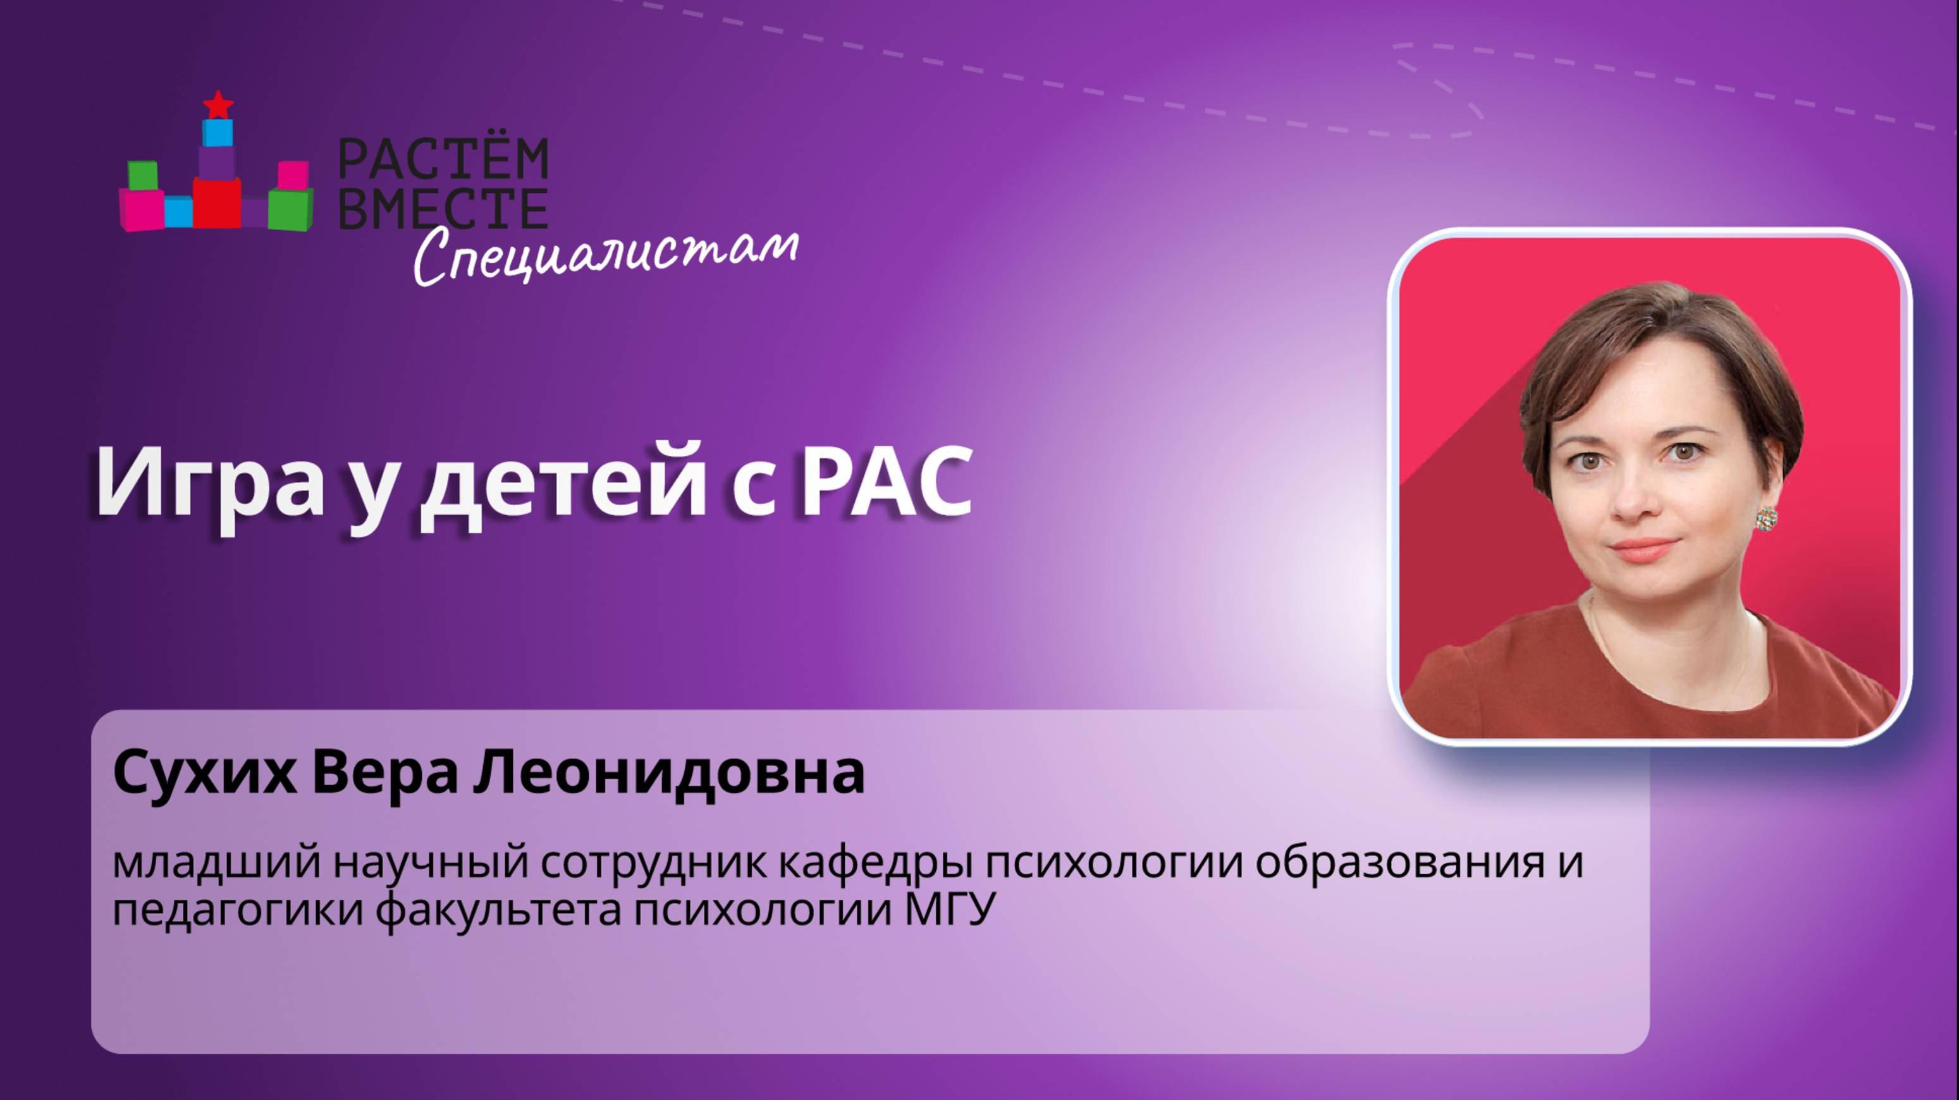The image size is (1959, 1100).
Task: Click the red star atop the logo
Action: click(x=219, y=104)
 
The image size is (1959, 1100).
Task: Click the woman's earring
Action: click(x=1766, y=518)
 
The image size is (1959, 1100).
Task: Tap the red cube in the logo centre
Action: click(x=217, y=202)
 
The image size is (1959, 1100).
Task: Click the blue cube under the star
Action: click(x=218, y=132)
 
